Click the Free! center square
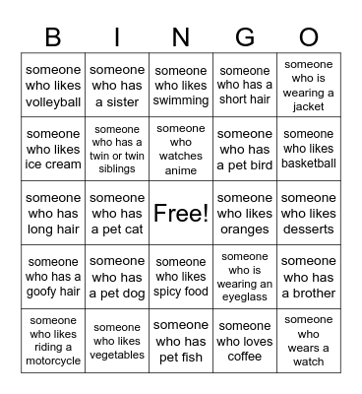181,213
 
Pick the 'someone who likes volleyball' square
53,86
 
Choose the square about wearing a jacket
309,86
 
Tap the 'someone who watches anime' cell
181,149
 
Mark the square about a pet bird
245,149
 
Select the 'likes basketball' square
309,149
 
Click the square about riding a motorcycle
53,340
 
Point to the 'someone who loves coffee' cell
245,340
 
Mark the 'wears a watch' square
309,340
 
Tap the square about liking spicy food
181,277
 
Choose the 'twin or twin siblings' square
117,149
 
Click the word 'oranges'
245,230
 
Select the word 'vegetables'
117,356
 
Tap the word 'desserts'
309,230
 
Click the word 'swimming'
181,101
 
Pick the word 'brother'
309,293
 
